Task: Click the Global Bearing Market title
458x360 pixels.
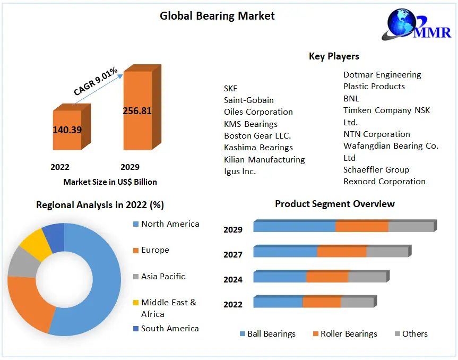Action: pyautogui.click(x=217, y=16)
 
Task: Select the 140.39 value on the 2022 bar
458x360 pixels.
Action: pyautogui.click(x=67, y=130)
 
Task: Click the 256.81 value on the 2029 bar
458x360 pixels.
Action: pyautogui.click(x=137, y=111)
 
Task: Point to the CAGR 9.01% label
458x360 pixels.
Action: pyautogui.click(x=96, y=81)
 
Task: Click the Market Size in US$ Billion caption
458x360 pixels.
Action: pyautogui.click(x=110, y=182)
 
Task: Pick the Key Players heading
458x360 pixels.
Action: pyautogui.click(x=334, y=56)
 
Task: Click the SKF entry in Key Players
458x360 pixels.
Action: pyautogui.click(x=231, y=88)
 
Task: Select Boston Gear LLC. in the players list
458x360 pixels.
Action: pyautogui.click(x=257, y=135)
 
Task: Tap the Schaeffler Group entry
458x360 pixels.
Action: pyautogui.click(x=376, y=169)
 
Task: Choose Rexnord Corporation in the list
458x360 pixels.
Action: pyautogui.click(x=384, y=181)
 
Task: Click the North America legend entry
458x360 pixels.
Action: pyautogui.click(x=170, y=224)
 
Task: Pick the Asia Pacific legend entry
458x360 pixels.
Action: pyautogui.click(x=163, y=276)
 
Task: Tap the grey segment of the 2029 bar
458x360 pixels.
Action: pyautogui.click(x=411, y=227)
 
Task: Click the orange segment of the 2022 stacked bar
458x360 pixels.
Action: pyautogui.click(x=321, y=302)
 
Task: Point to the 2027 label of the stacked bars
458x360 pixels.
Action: pyautogui.click(x=233, y=254)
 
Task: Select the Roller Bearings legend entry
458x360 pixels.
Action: pyautogui.click(x=349, y=333)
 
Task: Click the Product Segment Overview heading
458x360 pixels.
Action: pyautogui.click(x=334, y=204)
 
